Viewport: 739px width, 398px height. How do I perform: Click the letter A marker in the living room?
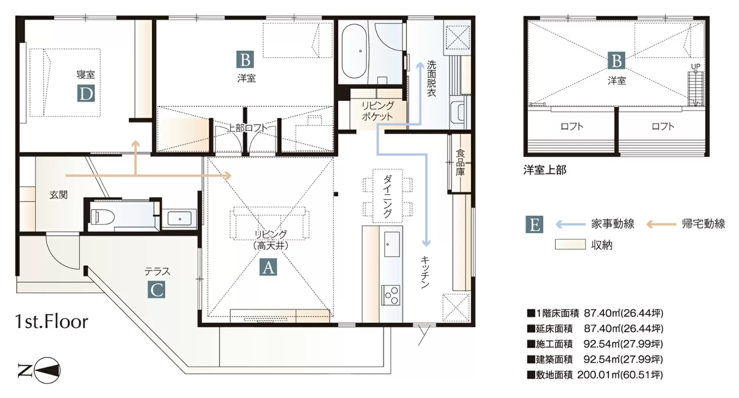[268, 267]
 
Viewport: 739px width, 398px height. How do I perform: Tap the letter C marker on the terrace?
[156, 290]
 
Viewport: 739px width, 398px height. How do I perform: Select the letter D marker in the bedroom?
[86, 94]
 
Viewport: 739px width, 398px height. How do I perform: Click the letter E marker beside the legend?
[534, 224]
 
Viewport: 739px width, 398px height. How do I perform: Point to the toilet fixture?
[102, 217]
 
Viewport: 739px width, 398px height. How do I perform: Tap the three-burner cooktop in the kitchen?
[391, 295]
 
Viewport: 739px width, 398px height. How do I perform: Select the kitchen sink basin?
[392, 244]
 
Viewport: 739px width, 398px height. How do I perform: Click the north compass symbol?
[39, 371]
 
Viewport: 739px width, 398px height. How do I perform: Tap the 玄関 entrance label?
[59, 195]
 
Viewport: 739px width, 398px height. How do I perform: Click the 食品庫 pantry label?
[460, 163]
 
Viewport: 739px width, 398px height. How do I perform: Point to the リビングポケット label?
[377, 111]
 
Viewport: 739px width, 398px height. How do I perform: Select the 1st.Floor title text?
[52, 322]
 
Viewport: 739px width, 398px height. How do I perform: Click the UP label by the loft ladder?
[696, 66]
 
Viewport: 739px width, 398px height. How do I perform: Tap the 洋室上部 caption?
[545, 170]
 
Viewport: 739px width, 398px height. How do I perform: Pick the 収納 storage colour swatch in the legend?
[570, 244]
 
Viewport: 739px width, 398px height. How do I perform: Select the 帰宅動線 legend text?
[704, 224]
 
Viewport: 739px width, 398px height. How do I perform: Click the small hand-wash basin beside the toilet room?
[179, 218]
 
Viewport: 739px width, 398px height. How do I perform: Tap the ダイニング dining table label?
[387, 196]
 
